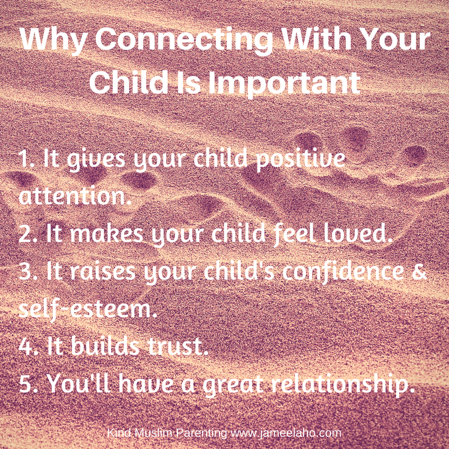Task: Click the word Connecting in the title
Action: pos(169,43)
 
